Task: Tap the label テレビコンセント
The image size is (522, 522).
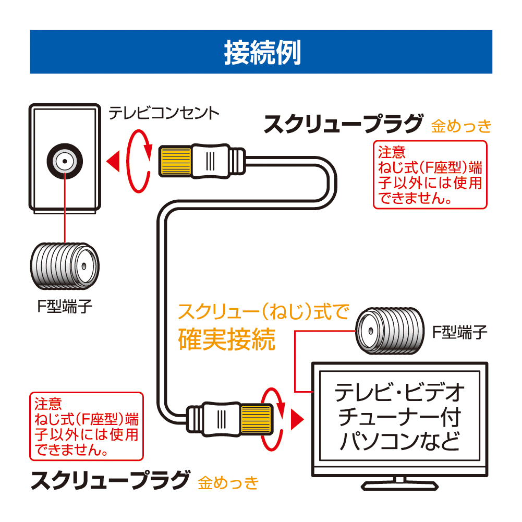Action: click(164, 113)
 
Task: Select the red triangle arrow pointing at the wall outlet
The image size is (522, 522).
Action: click(113, 161)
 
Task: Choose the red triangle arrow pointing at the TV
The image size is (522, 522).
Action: click(297, 418)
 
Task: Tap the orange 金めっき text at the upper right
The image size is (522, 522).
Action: click(462, 126)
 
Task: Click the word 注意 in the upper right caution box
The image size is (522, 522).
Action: click(392, 152)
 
